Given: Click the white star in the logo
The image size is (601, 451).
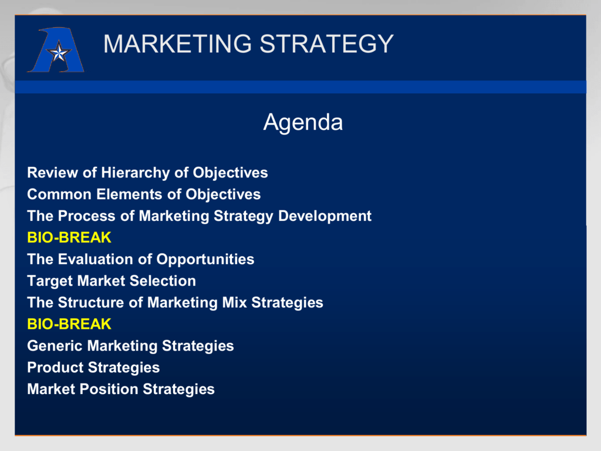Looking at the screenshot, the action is click(59, 52).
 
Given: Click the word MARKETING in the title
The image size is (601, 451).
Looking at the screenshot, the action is click(177, 43).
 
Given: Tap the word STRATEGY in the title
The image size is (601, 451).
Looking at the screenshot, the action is click(326, 43).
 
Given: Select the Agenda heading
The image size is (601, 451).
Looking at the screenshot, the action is click(303, 123).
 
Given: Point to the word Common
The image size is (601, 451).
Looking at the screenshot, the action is click(59, 194).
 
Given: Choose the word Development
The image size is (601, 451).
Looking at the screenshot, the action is click(325, 216).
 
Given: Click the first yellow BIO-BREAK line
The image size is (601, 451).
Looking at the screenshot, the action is click(69, 238).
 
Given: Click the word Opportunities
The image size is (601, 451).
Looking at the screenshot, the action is click(205, 260).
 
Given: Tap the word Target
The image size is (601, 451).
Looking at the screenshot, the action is click(50, 281).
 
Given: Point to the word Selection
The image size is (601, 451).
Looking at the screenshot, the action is click(163, 281).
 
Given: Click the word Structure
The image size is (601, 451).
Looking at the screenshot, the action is click(91, 302).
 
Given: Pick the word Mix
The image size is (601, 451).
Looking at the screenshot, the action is click(235, 302).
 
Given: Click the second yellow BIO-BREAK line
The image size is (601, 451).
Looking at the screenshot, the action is click(69, 324).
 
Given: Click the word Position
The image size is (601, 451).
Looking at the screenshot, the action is click(109, 389).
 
